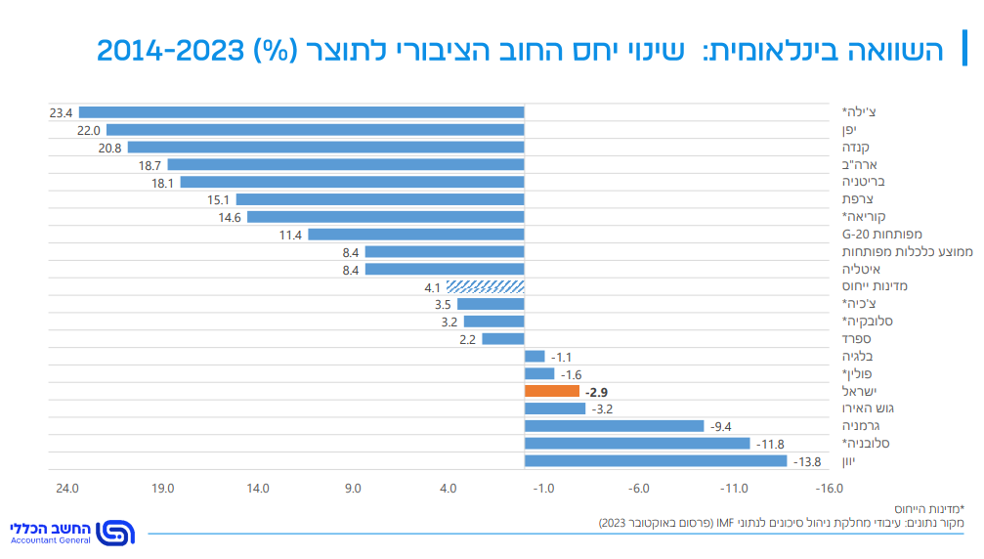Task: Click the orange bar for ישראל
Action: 552,391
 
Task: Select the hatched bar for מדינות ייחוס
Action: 486,286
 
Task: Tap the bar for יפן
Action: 316,130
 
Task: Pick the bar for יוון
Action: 656,461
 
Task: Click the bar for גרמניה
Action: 615,426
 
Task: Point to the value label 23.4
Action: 62,112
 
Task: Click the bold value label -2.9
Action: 597,392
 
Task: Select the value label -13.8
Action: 806,462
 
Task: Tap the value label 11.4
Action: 290,235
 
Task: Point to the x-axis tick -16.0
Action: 830,489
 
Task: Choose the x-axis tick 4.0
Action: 448,489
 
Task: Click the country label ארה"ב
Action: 860,165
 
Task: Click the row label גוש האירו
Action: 869,408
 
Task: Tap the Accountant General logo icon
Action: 116,533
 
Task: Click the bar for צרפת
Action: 380,199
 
